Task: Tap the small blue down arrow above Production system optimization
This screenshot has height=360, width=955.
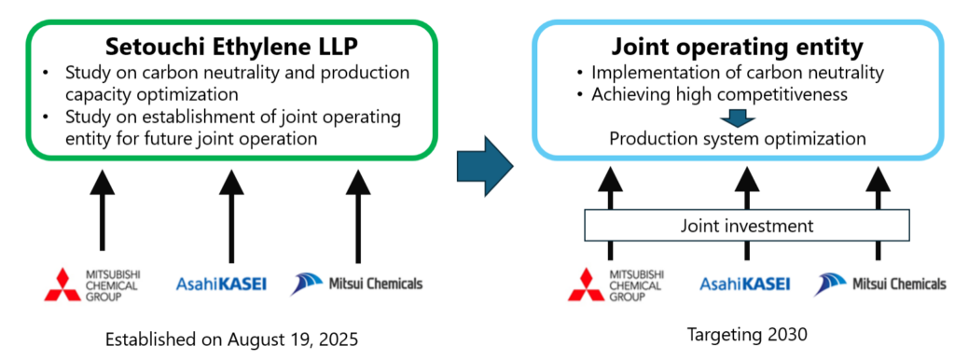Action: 737,118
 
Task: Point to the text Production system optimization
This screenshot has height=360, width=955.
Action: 738,138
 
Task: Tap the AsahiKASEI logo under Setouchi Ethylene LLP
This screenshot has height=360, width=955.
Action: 221,284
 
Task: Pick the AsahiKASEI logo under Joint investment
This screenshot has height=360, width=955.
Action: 744,284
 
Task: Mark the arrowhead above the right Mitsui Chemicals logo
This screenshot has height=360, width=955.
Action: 877,179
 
